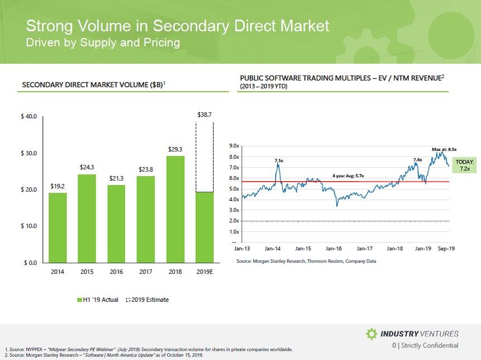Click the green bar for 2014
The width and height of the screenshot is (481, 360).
[58, 228]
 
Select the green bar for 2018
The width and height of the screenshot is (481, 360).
[175, 209]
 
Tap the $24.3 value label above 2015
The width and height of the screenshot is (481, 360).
[87, 167]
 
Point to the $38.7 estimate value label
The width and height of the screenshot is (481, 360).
[205, 114]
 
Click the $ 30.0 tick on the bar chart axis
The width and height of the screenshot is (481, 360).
[29, 153]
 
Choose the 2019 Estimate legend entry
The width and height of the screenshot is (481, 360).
[148, 300]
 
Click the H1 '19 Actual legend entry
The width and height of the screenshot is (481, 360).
[97, 300]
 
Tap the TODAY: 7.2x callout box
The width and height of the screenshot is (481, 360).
[464, 165]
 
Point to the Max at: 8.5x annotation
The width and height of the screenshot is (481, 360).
[445, 149]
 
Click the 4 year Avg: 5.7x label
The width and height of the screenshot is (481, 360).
[348, 176]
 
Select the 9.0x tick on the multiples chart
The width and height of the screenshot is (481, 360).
[235, 146]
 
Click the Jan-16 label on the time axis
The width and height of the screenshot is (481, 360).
[334, 248]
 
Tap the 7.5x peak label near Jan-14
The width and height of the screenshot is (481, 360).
[279, 160]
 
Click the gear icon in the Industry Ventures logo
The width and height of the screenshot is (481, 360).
[371, 334]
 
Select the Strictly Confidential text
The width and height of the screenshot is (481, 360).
[430, 345]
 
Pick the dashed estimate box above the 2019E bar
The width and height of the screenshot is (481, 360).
[205, 157]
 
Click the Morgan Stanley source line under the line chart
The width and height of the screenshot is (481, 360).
[306, 261]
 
